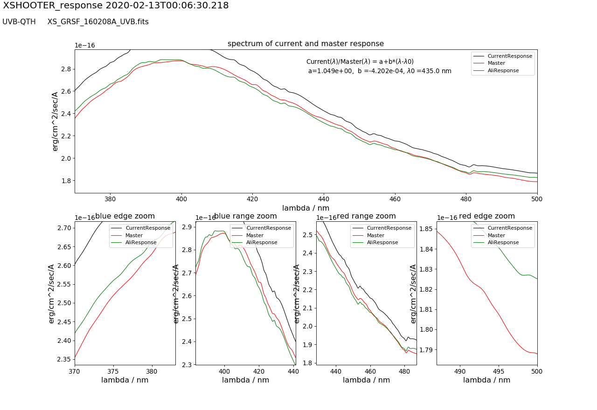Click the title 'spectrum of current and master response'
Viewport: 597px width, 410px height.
[x=305, y=44]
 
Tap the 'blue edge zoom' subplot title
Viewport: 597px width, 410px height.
[x=125, y=216]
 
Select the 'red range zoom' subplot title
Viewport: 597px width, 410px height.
[x=366, y=216]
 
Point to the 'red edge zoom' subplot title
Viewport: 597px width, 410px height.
[x=487, y=216]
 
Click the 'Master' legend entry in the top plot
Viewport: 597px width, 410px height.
[x=496, y=63]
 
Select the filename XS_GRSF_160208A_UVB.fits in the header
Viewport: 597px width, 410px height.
[x=98, y=22]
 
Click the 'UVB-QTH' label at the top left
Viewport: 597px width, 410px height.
[x=19, y=22]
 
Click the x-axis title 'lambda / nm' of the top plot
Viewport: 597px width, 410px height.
[x=305, y=208]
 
